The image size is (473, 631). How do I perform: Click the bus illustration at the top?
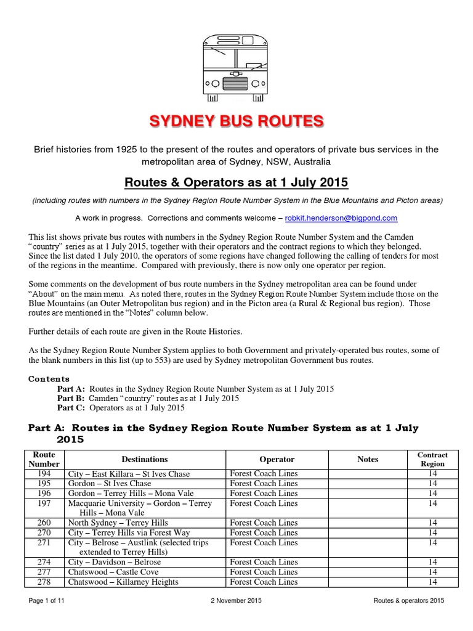pos(236,67)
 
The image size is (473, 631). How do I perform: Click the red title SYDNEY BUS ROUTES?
pos(236,121)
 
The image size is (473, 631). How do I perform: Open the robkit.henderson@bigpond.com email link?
pos(341,218)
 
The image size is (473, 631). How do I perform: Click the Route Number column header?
pos(47,459)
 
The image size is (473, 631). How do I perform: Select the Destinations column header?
pos(145,459)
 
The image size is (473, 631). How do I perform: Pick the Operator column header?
pos(277,459)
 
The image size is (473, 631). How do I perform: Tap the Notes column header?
pos(368,459)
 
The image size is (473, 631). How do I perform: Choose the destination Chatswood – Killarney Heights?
pos(123,582)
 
